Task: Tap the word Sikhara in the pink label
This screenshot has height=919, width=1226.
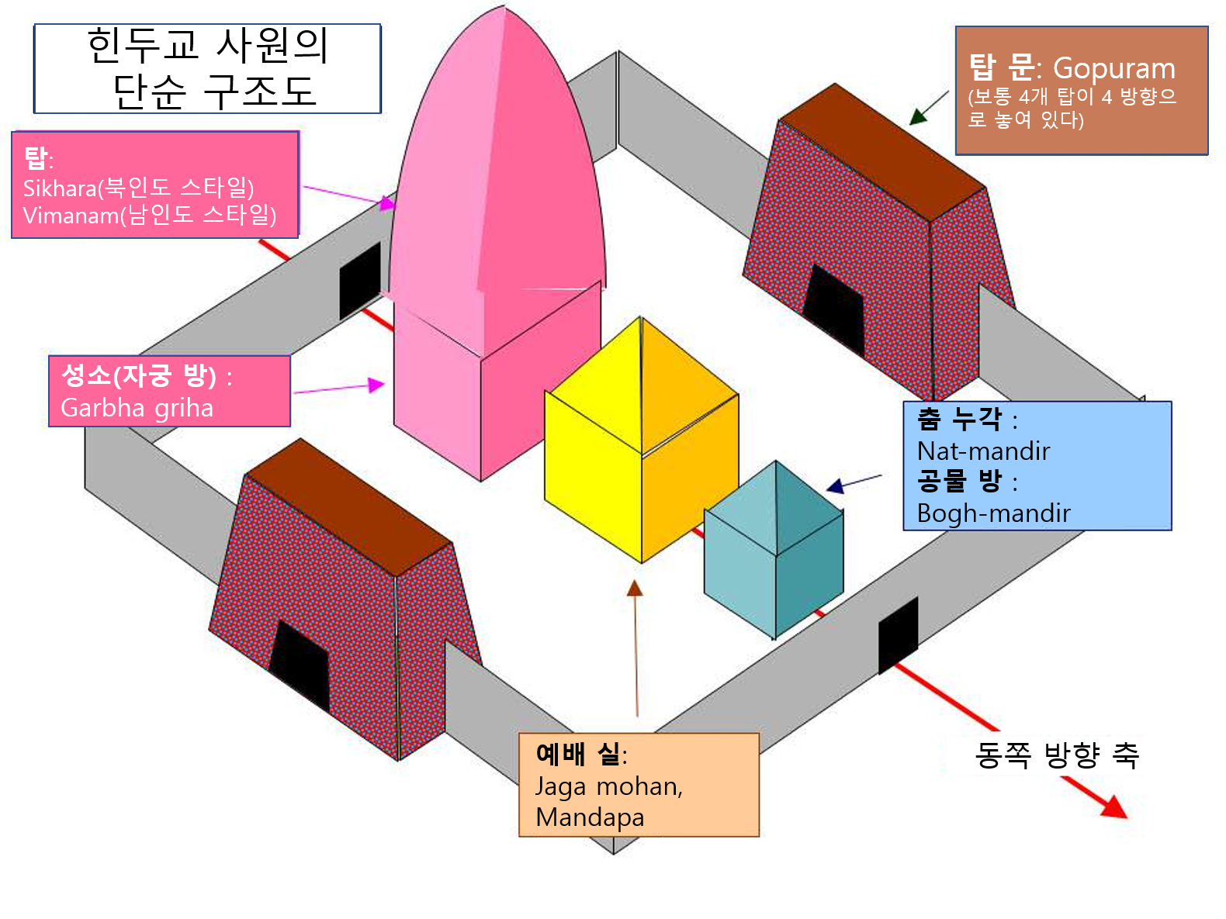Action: pyautogui.click(x=59, y=188)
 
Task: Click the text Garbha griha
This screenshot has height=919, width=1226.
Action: pyautogui.click(x=137, y=409)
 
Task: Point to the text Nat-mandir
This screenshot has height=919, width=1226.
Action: pyautogui.click(x=983, y=451)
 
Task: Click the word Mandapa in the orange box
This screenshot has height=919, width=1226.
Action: pyautogui.click(x=590, y=817)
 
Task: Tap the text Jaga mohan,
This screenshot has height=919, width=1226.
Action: pyautogui.click(x=609, y=786)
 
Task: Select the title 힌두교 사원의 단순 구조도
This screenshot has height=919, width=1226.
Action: pyautogui.click(x=208, y=68)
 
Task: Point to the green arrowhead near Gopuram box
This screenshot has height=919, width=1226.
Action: pyautogui.click(x=918, y=116)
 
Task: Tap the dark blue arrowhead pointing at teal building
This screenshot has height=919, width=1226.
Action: pyautogui.click(x=835, y=486)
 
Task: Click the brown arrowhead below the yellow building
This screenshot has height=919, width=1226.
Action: pyautogui.click(x=635, y=588)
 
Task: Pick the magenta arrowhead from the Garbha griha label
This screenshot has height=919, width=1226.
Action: pyautogui.click(x=377, y=385)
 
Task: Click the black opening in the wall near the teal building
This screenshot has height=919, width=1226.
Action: pyautogui.click(x=898, y=635)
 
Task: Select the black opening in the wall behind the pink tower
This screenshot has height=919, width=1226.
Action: pyautogui.click(x=360, y=281)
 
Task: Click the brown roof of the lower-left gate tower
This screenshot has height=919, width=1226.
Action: pyautogui.click(x=348, y=506)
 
